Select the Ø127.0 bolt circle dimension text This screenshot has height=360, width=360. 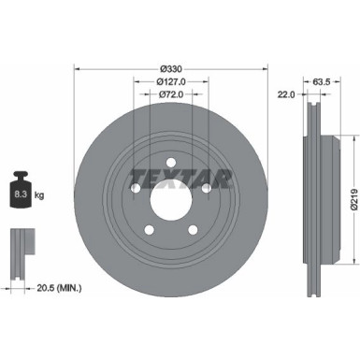coord(170,81)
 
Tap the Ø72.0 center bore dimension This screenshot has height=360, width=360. coord(170,95)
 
